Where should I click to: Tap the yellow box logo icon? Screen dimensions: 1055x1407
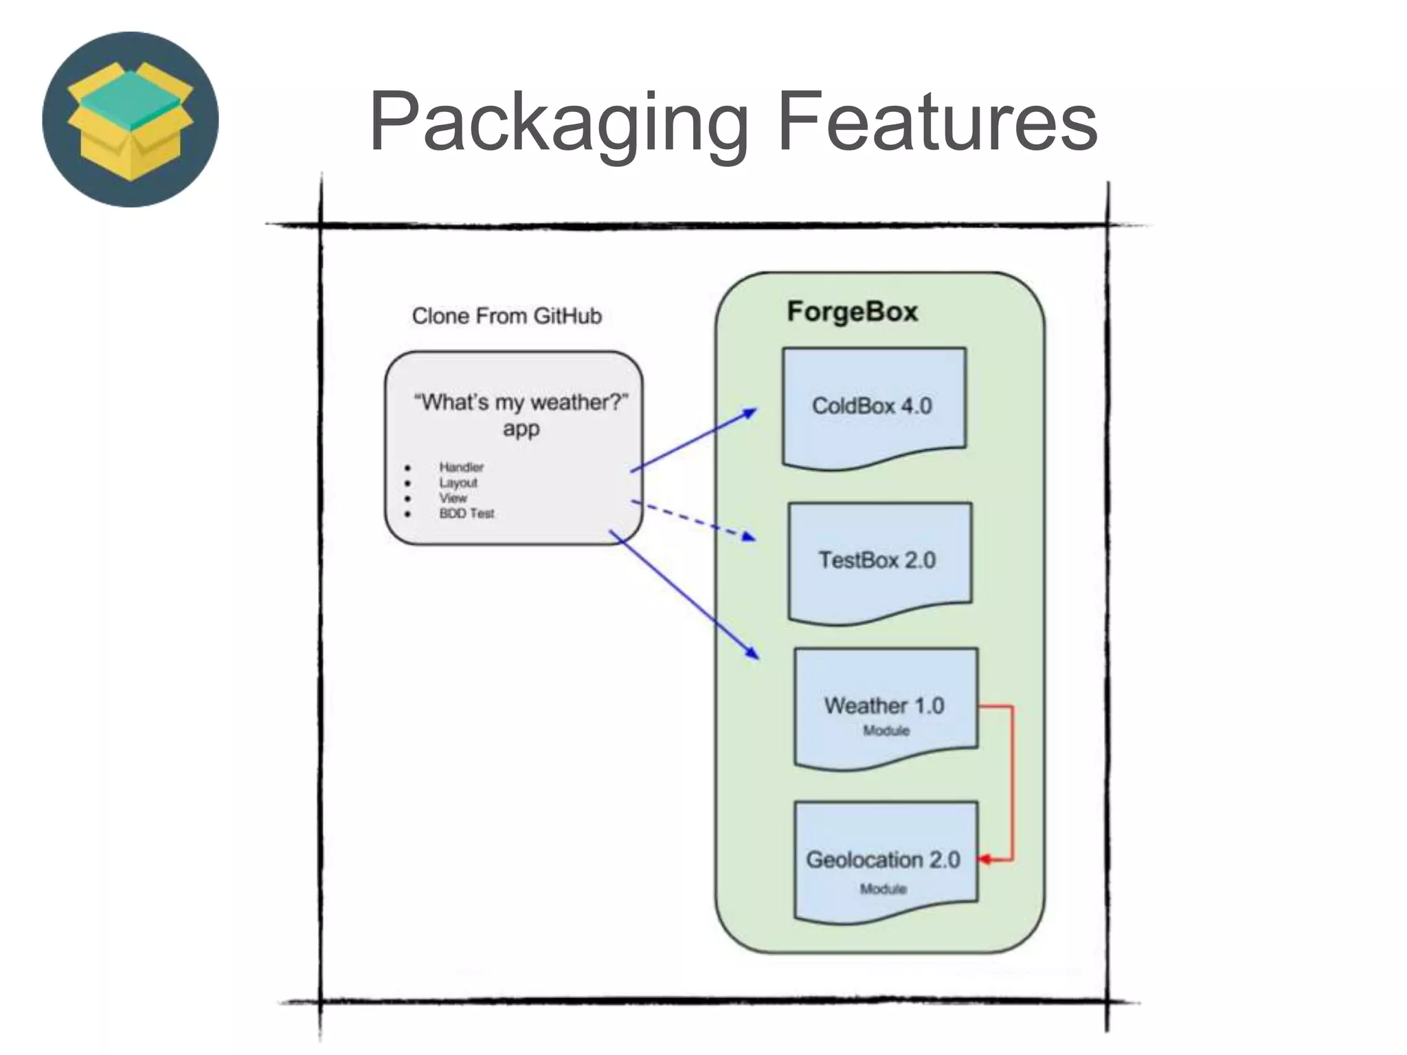(x=131, y=120)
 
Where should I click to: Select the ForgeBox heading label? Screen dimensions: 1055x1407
(x=852, y=312)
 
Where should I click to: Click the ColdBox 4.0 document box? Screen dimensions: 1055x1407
(x=873, y=405)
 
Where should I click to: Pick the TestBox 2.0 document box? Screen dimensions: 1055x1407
(x=877, y=560)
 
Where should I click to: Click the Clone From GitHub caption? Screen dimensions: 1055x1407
(x=506, y=316)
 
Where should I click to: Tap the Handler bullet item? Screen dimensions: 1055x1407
(x=461, y=467)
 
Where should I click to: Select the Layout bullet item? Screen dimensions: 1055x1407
(x=458, y=483)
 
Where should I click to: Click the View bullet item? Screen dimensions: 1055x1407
(x=453, y=498)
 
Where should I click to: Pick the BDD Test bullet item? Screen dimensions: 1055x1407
(x=466, y=514)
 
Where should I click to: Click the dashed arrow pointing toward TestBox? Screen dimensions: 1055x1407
(x=694, y=521)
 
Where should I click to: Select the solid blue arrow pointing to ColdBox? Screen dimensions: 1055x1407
(x=694, y=440)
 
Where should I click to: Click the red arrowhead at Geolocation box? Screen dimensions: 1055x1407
(x=984, y=859)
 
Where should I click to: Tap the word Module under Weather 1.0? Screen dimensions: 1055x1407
(x=886, y=731)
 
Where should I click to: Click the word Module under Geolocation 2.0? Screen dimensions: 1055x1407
(x=883, y=889)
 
